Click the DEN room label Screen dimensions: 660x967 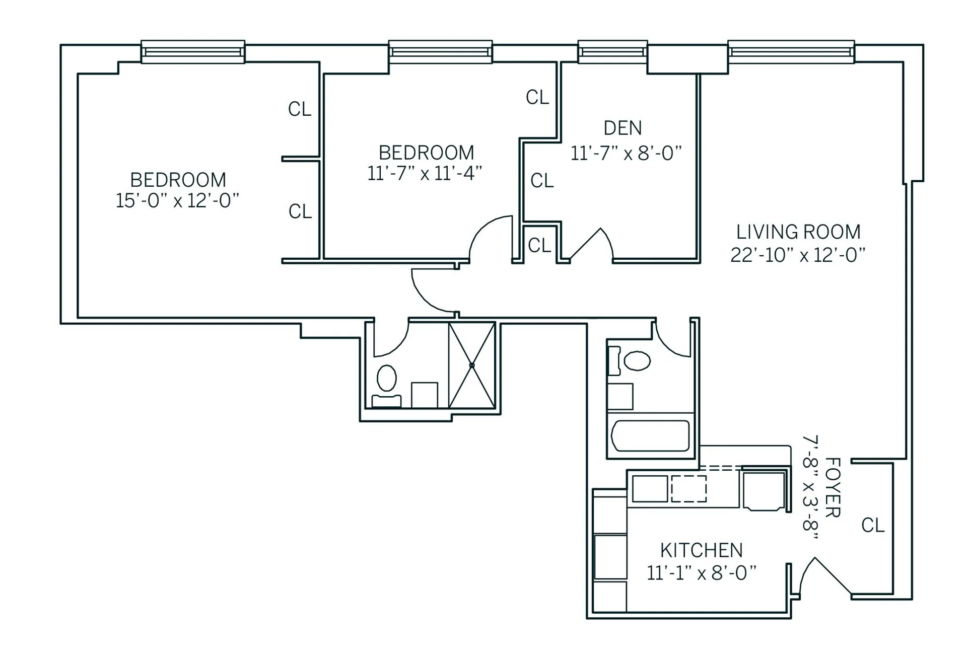click(623, 128)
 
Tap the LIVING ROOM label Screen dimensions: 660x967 click(798, 232)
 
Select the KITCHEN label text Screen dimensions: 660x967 click(701, 550)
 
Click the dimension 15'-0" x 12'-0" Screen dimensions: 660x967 click(177, 201)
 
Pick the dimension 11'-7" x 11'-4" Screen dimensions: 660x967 click(425, 174)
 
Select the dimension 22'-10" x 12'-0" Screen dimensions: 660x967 click(798, 255)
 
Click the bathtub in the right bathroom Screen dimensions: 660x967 click(650, 436)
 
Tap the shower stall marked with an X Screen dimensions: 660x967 click(472, 365)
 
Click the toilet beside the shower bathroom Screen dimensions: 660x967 click(386, 379)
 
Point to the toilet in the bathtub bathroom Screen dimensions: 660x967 click(637, 360)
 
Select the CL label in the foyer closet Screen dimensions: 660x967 click(873, 526)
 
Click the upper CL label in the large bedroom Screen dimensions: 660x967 click(300, 109)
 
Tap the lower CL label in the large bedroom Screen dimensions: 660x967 click(300, 211)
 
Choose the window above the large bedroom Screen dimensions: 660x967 click(193, 52)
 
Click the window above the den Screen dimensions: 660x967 click(612, 52)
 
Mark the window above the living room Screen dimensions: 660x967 click(791, 52)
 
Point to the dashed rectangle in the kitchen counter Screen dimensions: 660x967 click(688, 488)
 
